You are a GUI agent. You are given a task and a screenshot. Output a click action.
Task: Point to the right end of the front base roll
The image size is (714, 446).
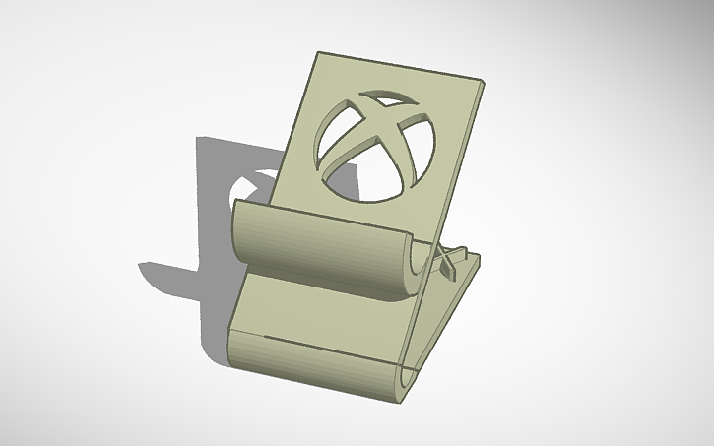point(406,383)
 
